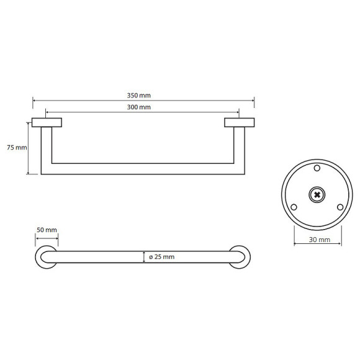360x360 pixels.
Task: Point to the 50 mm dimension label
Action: point(47,230)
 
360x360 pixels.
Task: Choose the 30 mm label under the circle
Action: point(318,240)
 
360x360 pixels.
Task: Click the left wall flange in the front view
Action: point(47,122)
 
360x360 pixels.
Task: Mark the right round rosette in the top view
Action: point(240,257)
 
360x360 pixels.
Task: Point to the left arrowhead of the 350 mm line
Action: point(35,101)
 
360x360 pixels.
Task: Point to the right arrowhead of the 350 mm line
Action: point(252,101)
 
